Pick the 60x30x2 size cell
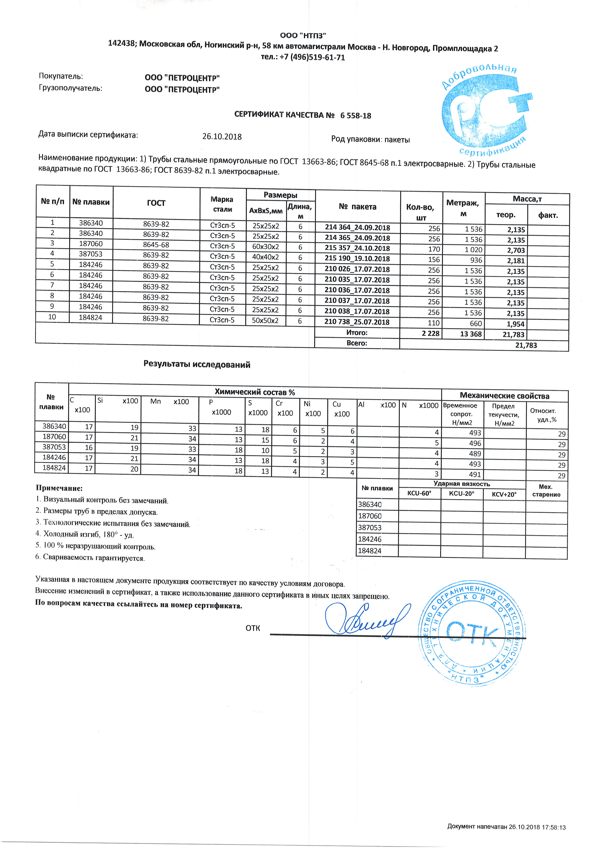265,247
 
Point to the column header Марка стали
222,204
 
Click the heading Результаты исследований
197,365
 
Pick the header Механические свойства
504,396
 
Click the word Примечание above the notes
59,488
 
